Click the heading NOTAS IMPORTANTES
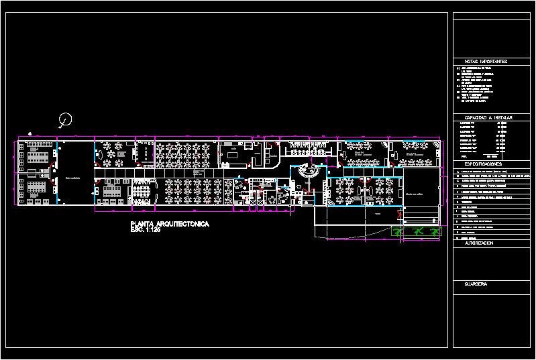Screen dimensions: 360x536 click(x=486, y=61)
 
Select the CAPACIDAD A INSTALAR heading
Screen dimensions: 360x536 click(x=488, y=117)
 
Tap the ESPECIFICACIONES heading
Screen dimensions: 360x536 click(x=483, y=164)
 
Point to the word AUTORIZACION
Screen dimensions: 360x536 click(x=479, y=243)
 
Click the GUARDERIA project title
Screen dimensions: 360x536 click(x=476, y=284)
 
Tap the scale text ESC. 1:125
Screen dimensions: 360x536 click(x=146, y=230)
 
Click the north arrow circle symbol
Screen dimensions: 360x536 click(x=66, y=121)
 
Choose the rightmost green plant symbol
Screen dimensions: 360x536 click(x=437, y=231)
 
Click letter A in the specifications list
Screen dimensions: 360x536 click(x=458, y=172)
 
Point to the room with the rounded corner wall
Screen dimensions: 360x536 click(x=273, y=155)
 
